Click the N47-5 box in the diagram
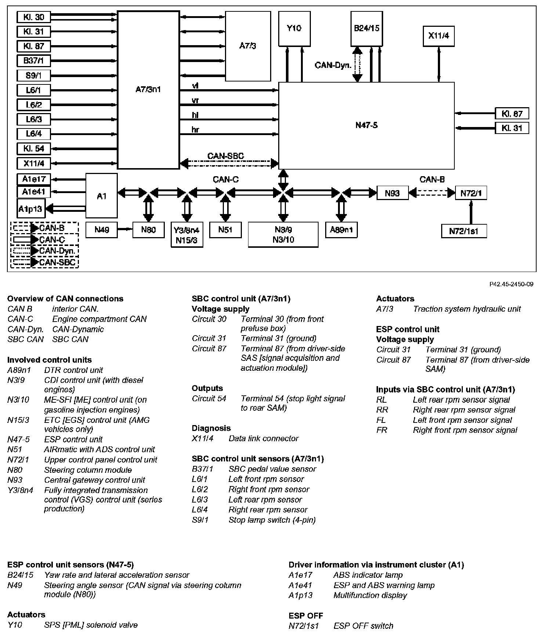(366, 126)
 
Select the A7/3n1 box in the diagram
(148, 90)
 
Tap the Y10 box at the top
(294, 29)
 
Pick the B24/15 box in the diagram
(366, 29)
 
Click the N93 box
(392, 193)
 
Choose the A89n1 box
(341, 230)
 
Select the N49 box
(102, 230)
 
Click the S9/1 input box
(33, 76)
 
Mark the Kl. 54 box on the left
(33, 149)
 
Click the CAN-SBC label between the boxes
(225, 156)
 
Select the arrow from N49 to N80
(125, 229)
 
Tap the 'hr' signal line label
(195, 130)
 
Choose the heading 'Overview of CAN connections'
(65, 299)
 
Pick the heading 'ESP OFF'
(306, 616)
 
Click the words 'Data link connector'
(263, 438)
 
